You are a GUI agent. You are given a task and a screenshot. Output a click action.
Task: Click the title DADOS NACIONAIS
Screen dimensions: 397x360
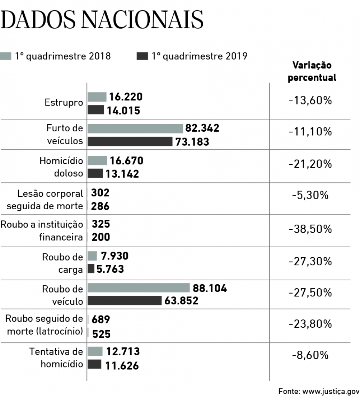click(102, 20)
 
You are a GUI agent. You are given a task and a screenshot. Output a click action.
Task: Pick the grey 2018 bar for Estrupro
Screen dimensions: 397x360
click(97, 97)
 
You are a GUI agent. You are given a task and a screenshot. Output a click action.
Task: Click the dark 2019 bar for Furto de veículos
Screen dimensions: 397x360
click(130, 141)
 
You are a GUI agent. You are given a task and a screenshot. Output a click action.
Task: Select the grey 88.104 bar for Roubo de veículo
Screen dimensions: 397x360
click(139, 288)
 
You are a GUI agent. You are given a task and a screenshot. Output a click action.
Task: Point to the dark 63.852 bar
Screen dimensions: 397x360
click(124, 300)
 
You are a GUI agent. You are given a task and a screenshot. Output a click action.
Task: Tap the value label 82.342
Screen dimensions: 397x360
click(202, 128)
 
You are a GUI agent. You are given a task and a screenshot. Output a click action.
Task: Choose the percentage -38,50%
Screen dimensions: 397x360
click(310, 229)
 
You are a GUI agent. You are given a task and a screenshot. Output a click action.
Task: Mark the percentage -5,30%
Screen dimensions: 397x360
click(310, 195)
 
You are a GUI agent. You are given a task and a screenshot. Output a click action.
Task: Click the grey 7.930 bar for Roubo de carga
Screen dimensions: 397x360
click(92, 256)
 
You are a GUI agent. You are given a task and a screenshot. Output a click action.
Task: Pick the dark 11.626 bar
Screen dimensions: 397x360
click(94, 364)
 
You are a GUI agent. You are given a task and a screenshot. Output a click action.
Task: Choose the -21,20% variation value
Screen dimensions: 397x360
click(310, 163)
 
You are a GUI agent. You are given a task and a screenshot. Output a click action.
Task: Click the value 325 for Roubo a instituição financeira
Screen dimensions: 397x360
click(100, 224)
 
